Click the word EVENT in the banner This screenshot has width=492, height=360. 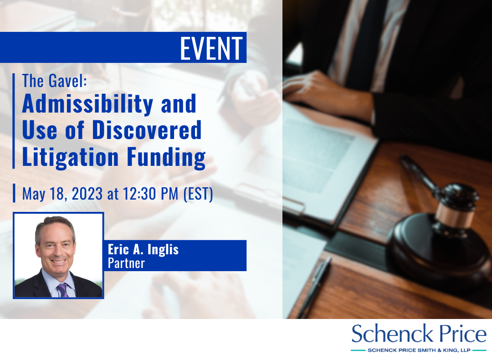211,48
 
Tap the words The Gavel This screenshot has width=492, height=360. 54,81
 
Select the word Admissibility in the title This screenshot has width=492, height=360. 87,104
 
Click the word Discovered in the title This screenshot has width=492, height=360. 147,130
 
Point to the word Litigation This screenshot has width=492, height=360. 70,157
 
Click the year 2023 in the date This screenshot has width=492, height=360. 87,193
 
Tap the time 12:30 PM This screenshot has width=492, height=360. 151,193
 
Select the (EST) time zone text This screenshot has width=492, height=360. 198,194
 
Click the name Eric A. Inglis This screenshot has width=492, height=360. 143,250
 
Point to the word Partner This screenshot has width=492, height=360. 126,263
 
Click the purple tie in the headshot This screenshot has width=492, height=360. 62,290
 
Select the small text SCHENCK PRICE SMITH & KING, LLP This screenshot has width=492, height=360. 419,350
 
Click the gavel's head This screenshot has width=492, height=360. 456,206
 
